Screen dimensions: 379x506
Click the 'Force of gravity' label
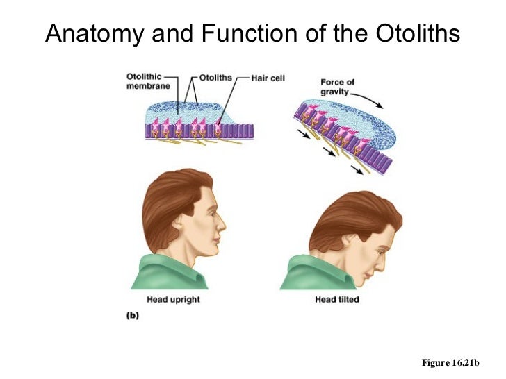(x=337, y=87)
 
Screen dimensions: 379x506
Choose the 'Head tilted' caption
(x=336, y=300)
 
